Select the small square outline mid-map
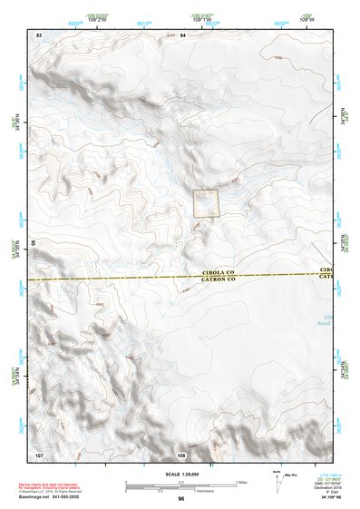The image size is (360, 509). tap(207, 203)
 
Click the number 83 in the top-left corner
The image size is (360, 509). tap(39, 34)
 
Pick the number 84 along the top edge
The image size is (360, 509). tap(182, 34)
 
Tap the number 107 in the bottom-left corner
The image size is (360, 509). tap(39, 452)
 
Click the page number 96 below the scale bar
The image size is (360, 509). tap(181, 499)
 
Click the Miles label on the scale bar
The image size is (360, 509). tap(240, 481)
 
